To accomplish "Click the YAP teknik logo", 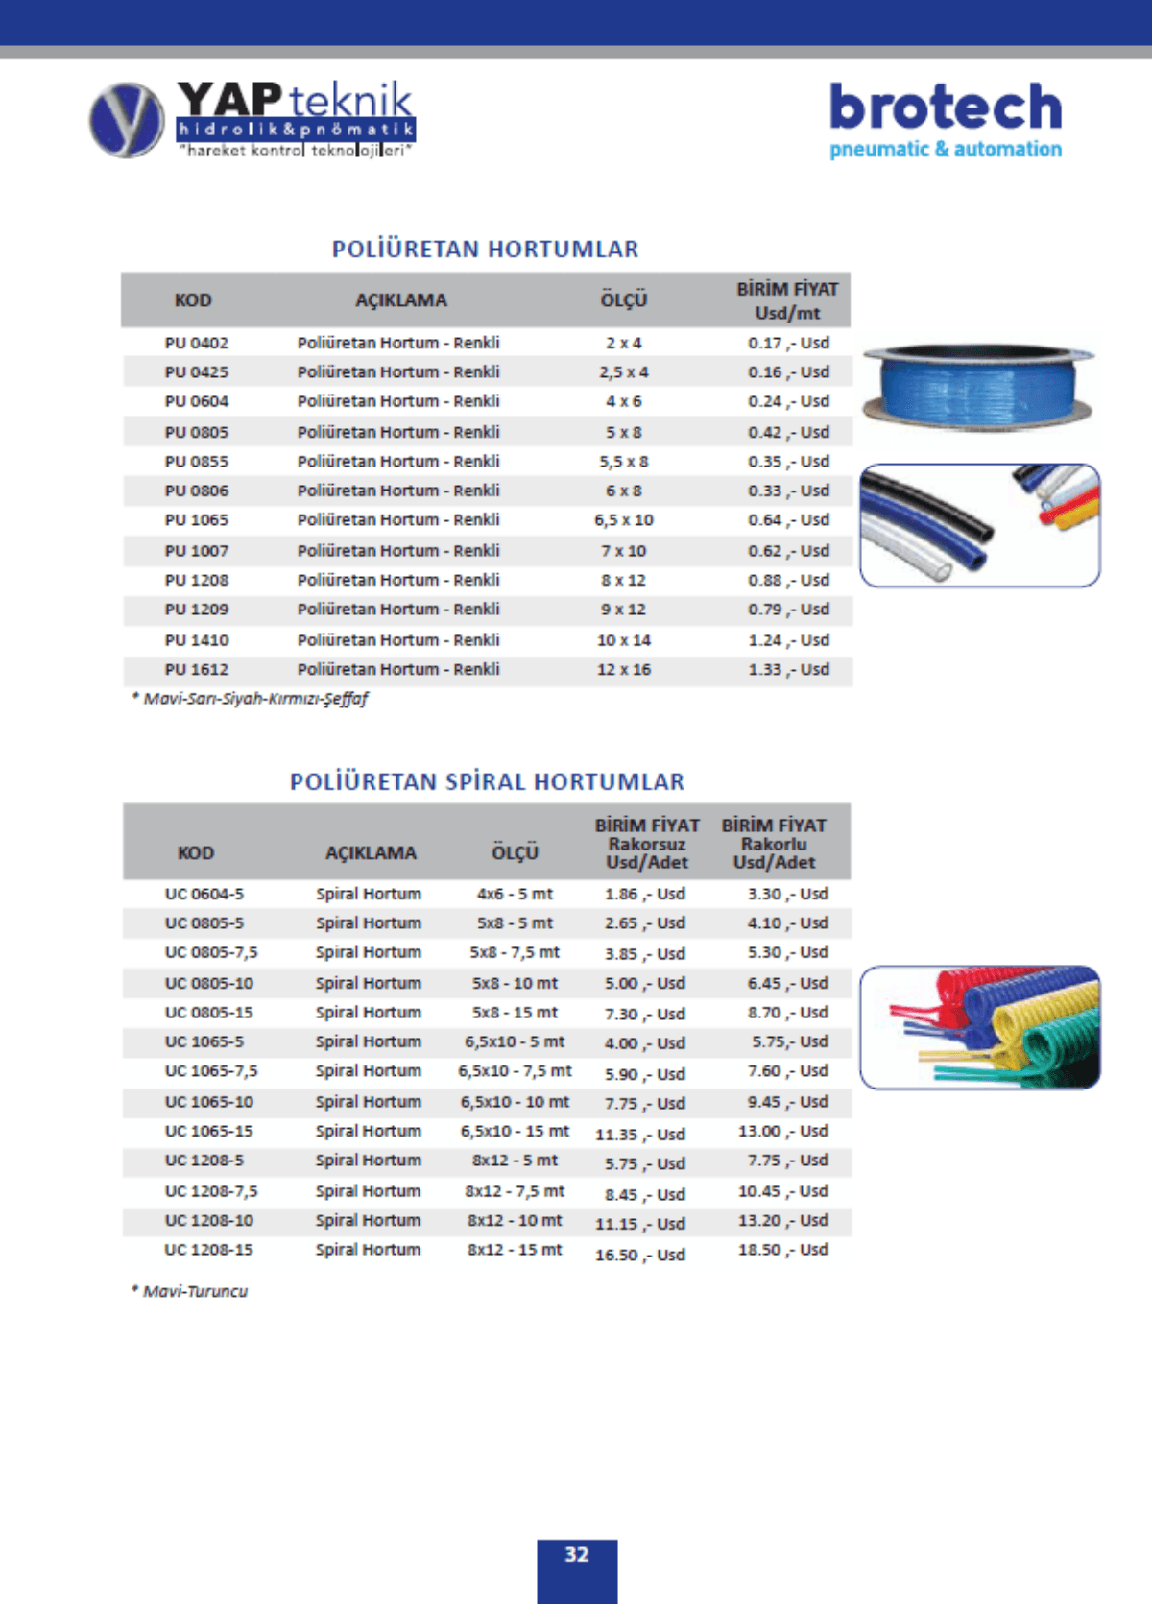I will click(x=252, y=120).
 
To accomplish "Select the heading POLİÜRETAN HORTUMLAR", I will click(x=485, y=250).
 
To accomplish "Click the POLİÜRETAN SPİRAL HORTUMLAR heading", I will click(x=487, y=782).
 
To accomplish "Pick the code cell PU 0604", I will click(x=196, y=401).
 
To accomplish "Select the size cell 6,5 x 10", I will click(x=624, y=520).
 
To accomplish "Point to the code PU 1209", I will click(x=196, y=610).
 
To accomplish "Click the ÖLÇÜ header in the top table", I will click(x=624, y=300).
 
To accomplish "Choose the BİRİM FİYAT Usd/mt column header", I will click(x=787, y=300).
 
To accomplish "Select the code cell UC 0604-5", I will click(x=204, y=894).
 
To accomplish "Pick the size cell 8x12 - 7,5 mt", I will click(x=515, y=1191).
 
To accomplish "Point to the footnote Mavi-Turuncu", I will click(x=195, y=1291).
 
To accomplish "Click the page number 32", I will click(x=576, y=1555).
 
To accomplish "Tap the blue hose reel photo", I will click(x=977, y=386).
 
